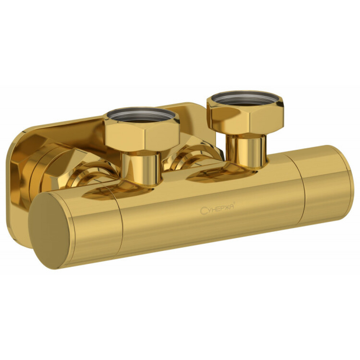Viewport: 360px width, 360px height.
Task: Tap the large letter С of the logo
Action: (203, 211)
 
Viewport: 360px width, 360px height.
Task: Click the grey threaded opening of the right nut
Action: (245, 98)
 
